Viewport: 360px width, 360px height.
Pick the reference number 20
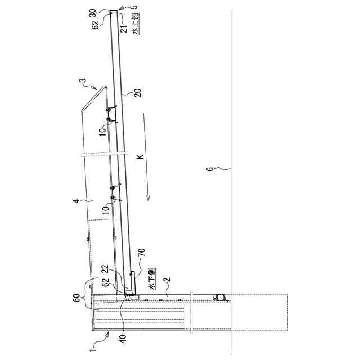138,93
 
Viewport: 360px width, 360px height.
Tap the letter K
140,156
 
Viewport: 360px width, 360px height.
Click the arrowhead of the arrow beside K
148,198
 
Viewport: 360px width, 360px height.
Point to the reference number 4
76,201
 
